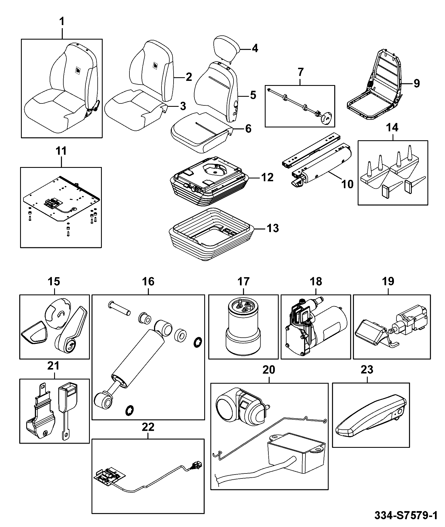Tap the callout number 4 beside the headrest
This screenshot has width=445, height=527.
click(255, 49)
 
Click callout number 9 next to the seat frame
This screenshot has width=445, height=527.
click(416, 83)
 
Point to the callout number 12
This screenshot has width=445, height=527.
click(267, 177)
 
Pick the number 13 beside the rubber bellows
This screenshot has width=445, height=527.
click(273, 228)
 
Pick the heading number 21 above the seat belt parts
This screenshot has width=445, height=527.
click(54, 366)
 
